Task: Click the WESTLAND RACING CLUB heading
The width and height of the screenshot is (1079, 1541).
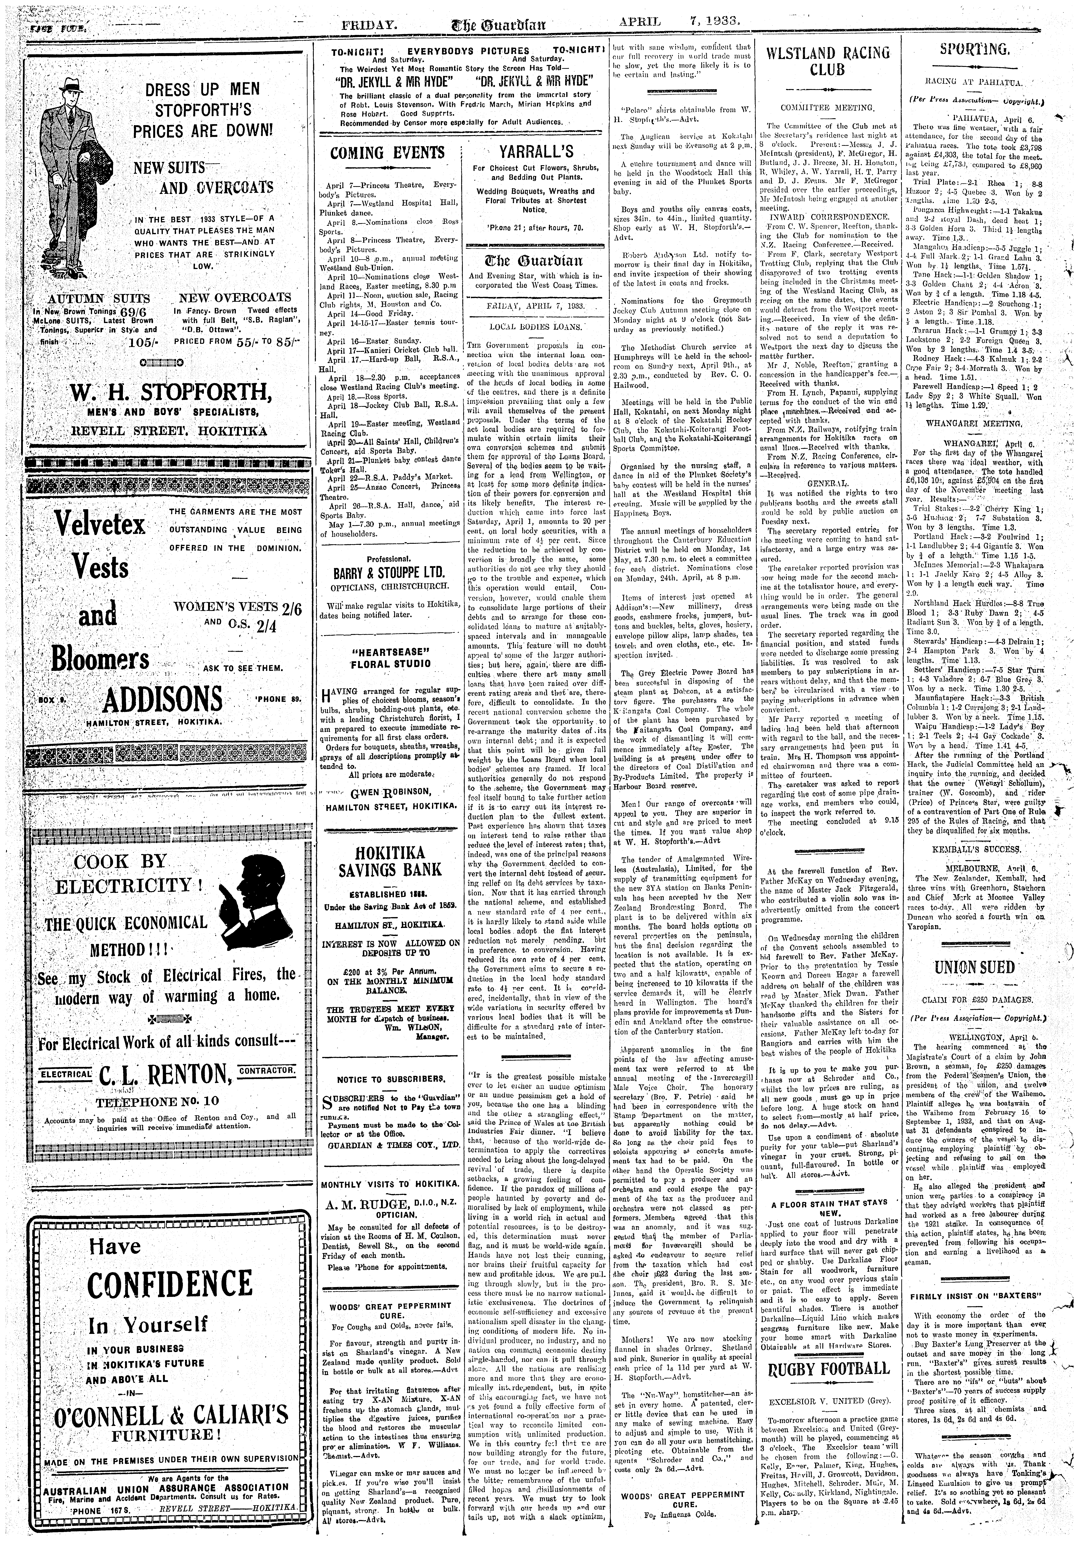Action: [x=828, y=61]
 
